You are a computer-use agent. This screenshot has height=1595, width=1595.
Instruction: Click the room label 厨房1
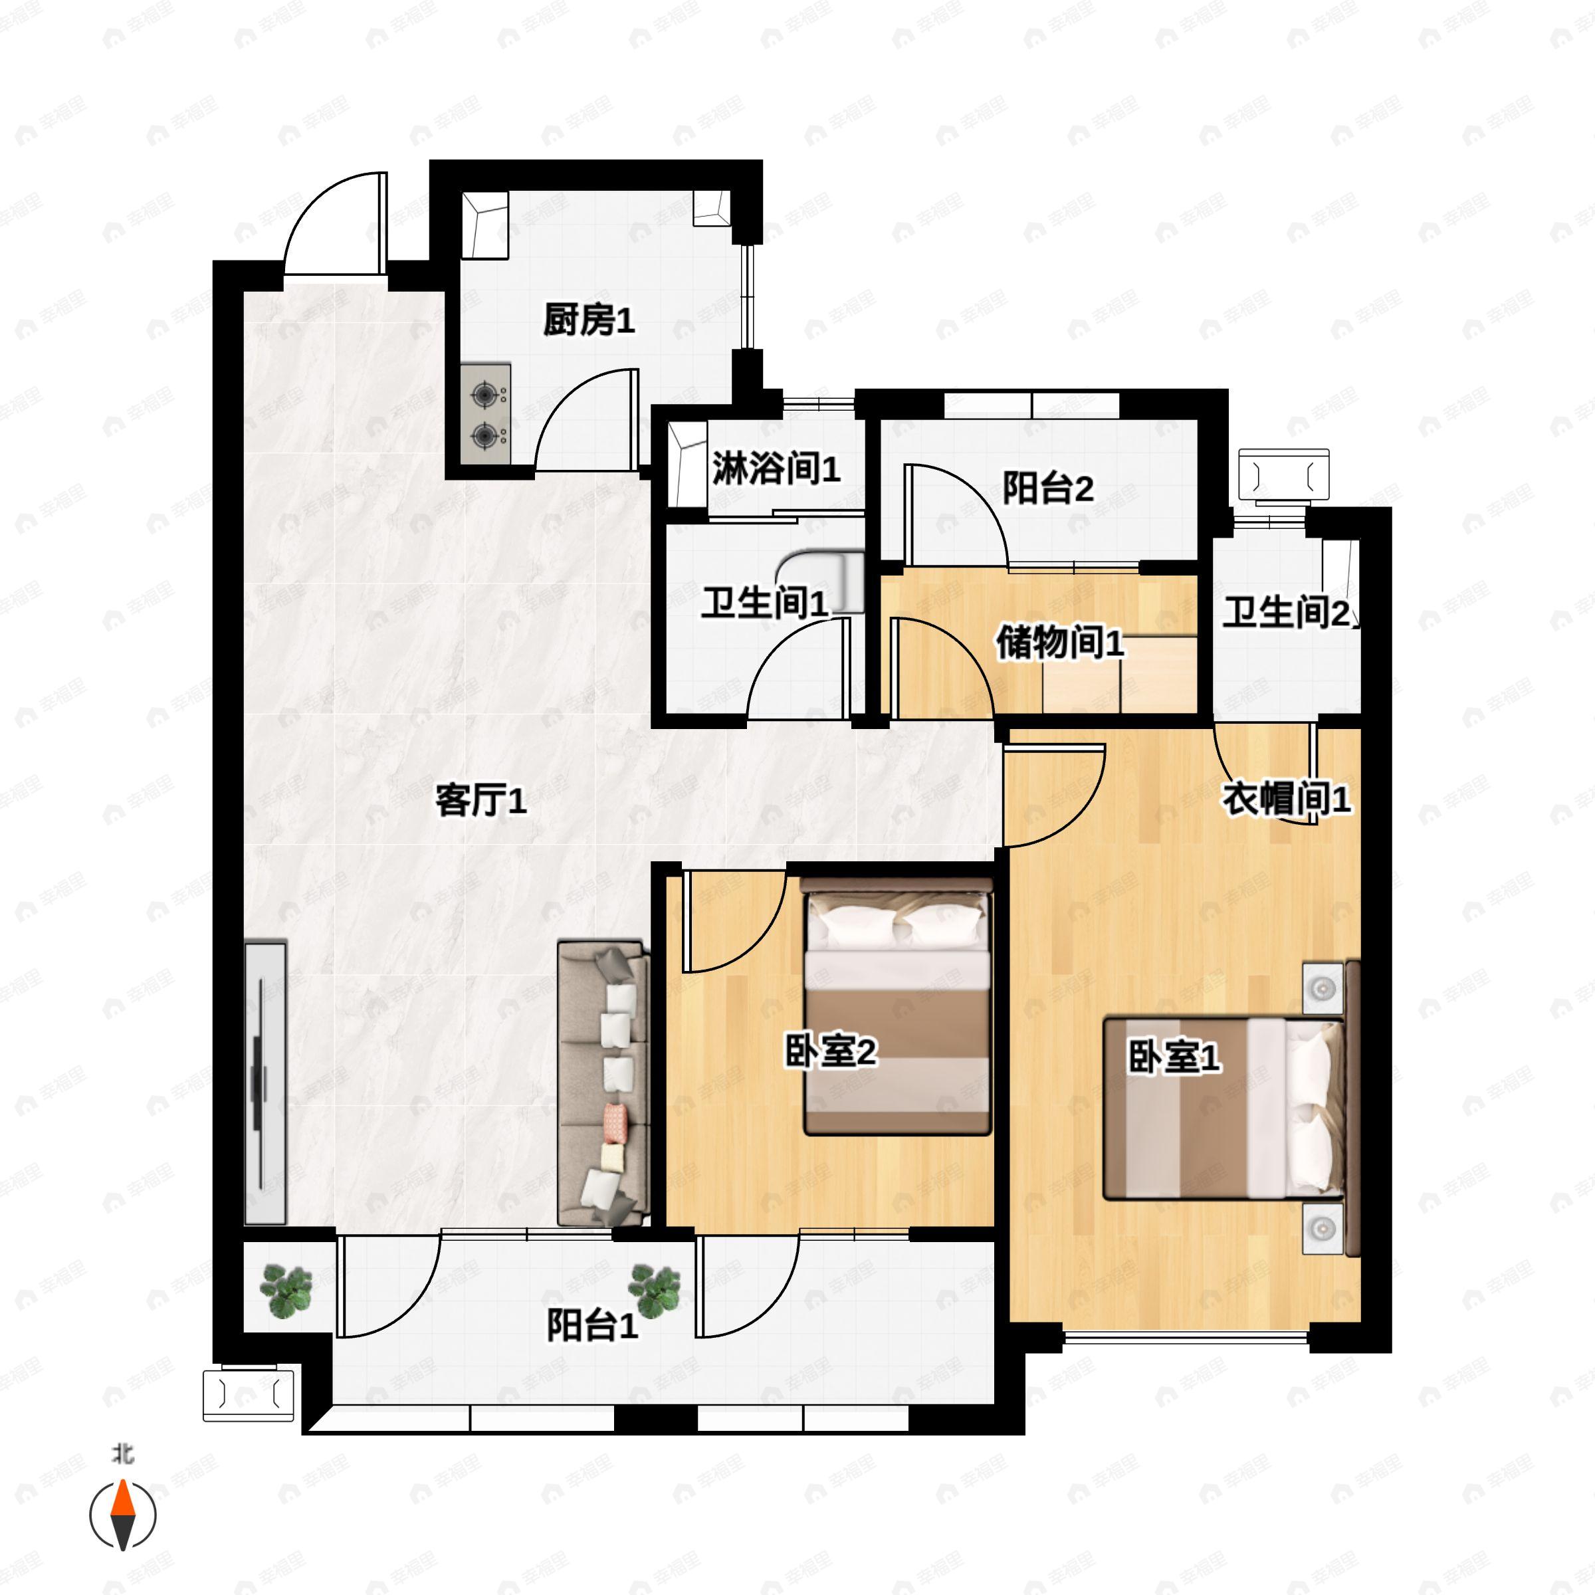pyautogui.click(x=589, y=320)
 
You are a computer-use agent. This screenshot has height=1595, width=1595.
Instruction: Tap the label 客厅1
pyautogui.click(x=480, y=801)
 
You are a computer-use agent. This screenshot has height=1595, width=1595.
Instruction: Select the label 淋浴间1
pyautogui.click(x=776, y=469)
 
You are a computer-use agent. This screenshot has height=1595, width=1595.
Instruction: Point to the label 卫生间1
pyautogui.click(x=764, y=603)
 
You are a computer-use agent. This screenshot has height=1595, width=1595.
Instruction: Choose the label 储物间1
pyautogui.click(x=1059, y=641)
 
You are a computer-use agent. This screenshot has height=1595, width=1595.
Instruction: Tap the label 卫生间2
pyautogui.click(x=1286, y=613)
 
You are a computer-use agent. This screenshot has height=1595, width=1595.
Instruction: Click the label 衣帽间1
pyautogui.click(x=1285, y=798)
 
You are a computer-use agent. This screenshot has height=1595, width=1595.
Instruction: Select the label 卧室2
pyautogui.click(x=829, y=1052)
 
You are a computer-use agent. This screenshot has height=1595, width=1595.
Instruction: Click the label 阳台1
pyautogui.click(x=592, y=1326)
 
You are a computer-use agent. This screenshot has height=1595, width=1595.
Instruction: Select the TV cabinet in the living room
pyautogui.click(x=265, y=1081)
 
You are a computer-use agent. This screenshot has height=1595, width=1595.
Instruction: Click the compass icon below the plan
pyautogui.click(x=123, y=1515)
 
